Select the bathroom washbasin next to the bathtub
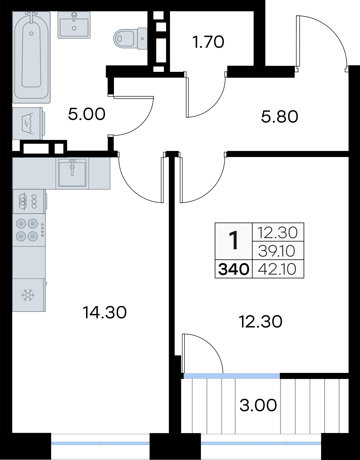pyautogui.click(x=74, y=25)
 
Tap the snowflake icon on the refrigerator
pyautogui.click(x=28, y=295)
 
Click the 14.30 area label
pyautogui.click(x=105, y=312)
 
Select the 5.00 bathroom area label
pyautogui.click(x=87, y=114)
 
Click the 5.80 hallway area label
pyautogui.click(x=279, y=117)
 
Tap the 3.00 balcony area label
pyautogui.click(x=258, y=405)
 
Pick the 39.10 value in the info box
pyautogui.click(x=277, y=251)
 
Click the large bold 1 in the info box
pyautogui.click(x=234, y=241)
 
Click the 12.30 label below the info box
pyautogui.click(x=261, y=322)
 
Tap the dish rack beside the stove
pyautogui.click(x=28, y=201)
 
